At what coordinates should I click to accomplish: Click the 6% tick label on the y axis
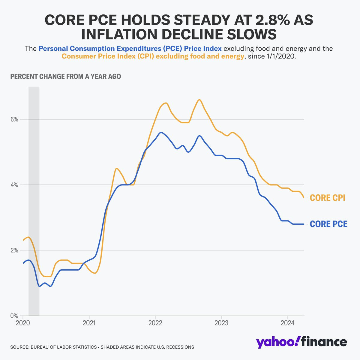tap(14, 119)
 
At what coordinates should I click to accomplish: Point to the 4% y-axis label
tap(14, 185)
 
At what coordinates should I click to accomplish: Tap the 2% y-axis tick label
tap(14, 250)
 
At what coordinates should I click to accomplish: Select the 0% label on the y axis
tap(14, 316)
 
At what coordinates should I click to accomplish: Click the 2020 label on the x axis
tap(23, 323)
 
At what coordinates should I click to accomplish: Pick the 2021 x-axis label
tap(89, 323)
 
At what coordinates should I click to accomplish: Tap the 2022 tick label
tap(155, 323)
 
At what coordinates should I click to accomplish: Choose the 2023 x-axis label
tap(221, 323)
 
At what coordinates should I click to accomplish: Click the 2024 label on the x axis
tap(287, 323)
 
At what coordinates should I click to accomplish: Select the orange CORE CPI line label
tap(328, 198)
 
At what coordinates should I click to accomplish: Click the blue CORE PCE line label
tap(328, 224)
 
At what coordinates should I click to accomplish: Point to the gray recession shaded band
tap(34, 201)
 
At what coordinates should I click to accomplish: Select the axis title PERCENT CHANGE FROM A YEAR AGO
tap(66, 76)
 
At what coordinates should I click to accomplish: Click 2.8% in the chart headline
tap(271, 20)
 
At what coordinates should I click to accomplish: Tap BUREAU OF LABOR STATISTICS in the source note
tap(64, 347)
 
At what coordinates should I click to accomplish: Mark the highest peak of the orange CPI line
tap(199, 100)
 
